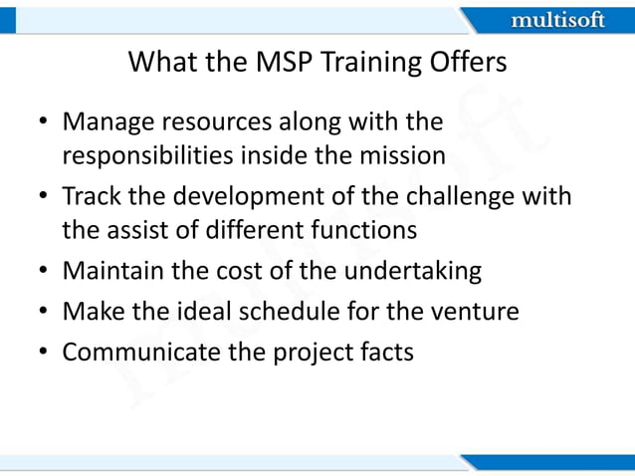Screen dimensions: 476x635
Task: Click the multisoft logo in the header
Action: click(x=556, y=20)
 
